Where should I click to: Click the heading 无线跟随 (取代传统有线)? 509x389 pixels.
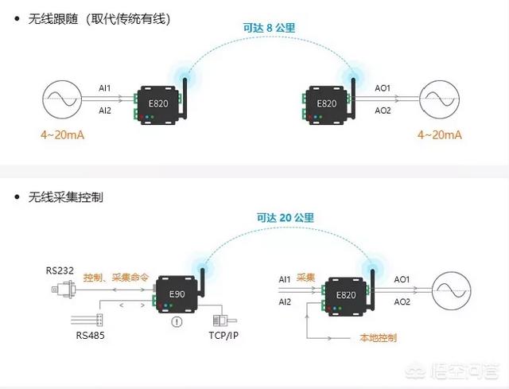tap(99, 18)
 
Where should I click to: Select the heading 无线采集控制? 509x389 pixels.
tap(67, 196)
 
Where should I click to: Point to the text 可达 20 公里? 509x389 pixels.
tap(286, 216)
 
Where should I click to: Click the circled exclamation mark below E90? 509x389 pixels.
tap(177, 322)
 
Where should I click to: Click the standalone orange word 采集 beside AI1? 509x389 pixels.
tap(306, 278)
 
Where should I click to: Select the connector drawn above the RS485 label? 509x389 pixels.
tap(87, 319)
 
